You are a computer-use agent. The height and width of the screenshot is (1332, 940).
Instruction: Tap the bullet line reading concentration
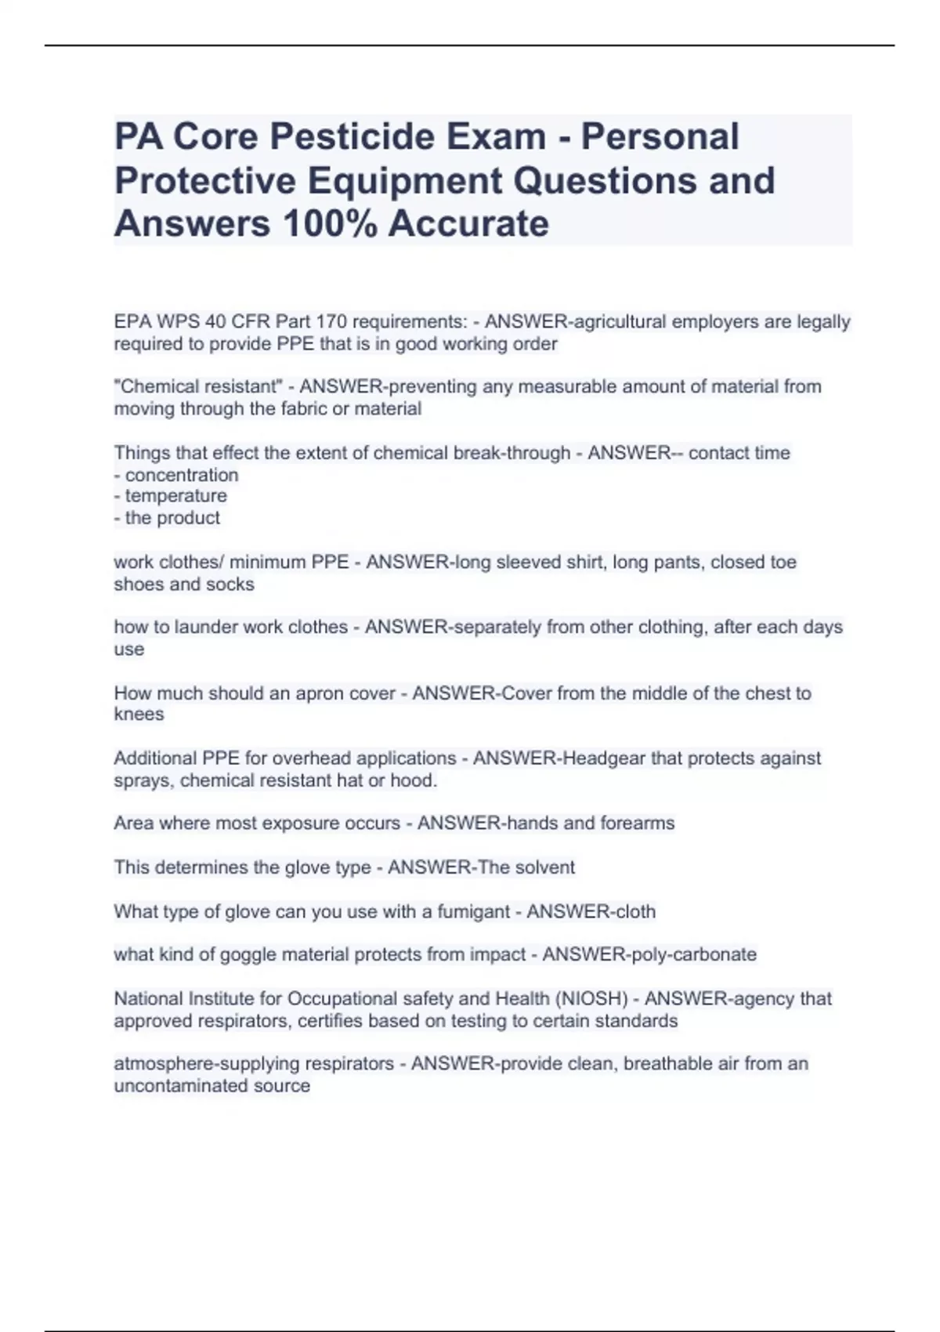(181, 475)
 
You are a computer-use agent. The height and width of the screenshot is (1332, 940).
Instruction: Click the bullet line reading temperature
(175, 496)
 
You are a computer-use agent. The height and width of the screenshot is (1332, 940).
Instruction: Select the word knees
(139, 715)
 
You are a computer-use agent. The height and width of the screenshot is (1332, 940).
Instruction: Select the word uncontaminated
(181, 1086)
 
